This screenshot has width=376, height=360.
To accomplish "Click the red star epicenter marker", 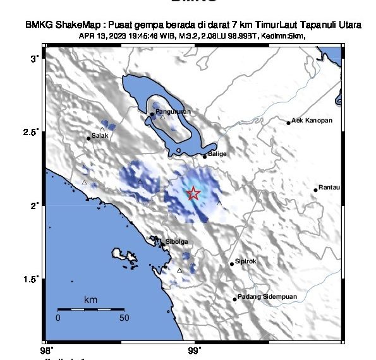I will click(194, 193).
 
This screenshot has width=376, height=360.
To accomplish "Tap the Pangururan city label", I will click(173, 112).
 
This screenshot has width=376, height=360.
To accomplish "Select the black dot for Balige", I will click(205, 156).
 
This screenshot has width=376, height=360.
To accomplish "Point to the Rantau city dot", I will click(316, 189).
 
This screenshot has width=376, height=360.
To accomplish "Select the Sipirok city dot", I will click(232, 264).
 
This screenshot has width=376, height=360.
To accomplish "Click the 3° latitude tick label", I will click(35, 58).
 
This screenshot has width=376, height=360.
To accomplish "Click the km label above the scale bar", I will click(90, 300).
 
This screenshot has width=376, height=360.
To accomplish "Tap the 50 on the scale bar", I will click(124, 318).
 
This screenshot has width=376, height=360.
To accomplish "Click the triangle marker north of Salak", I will click(102, 129).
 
